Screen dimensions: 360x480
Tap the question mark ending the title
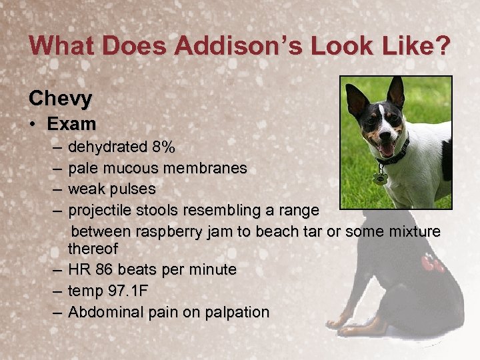click(442, 46)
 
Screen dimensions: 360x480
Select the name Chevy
click(61, 99)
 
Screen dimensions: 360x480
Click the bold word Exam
click(71, 124)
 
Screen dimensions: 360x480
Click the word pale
click(83, 168)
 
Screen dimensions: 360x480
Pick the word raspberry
click(169, 232)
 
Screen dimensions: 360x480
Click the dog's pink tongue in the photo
click(386, 149)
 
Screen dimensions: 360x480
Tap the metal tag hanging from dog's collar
click(381, 178)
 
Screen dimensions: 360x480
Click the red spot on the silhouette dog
click(431, 263)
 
